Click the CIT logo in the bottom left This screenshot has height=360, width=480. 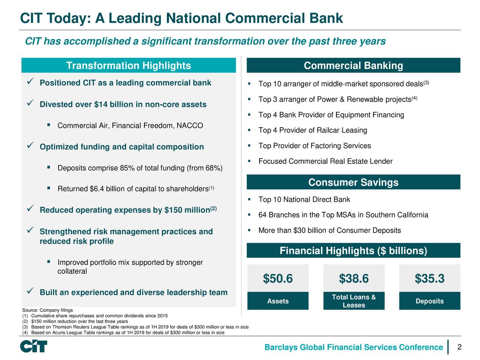34,346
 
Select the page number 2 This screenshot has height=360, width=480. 459,347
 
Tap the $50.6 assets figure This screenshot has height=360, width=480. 278,279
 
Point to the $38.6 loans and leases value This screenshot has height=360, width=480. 354,279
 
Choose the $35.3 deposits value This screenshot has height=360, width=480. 429,279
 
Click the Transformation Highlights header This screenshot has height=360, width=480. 129,66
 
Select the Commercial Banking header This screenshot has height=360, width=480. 353,66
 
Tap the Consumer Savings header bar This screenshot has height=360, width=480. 353,183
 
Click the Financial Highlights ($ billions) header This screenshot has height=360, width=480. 353,251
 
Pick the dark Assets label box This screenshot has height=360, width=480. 278,301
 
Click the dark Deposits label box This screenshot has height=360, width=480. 429,301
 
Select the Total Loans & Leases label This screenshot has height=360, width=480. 354,301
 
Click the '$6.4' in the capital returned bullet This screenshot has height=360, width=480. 97,189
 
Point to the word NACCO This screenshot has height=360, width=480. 191,126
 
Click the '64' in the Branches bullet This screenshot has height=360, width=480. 262,215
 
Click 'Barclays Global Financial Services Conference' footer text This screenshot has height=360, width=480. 354,348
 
